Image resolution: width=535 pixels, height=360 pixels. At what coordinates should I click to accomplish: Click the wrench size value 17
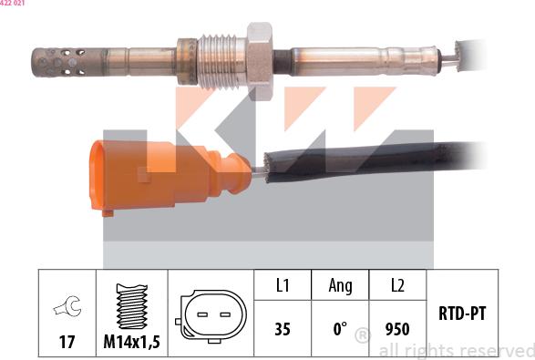click(67, 342)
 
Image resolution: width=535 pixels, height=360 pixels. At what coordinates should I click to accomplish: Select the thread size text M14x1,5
click(133, 342)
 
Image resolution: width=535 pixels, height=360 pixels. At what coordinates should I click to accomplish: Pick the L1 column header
click(283, 286)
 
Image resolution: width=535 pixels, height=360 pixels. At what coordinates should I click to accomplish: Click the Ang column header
click(340, 286)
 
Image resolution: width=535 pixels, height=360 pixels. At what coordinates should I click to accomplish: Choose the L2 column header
click(397, 286)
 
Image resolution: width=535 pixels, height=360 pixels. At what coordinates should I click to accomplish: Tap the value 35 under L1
click(283, 328)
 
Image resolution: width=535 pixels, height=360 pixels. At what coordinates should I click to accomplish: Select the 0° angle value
click(340, 328)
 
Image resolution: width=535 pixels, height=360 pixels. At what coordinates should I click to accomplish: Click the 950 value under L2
click(397, 328)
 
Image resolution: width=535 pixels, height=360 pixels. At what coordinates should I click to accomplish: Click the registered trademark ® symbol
click(362, 336)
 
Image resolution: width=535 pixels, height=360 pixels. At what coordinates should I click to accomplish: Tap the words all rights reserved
click(456, 350)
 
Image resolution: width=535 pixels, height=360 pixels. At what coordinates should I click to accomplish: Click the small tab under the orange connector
click(108, 212)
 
